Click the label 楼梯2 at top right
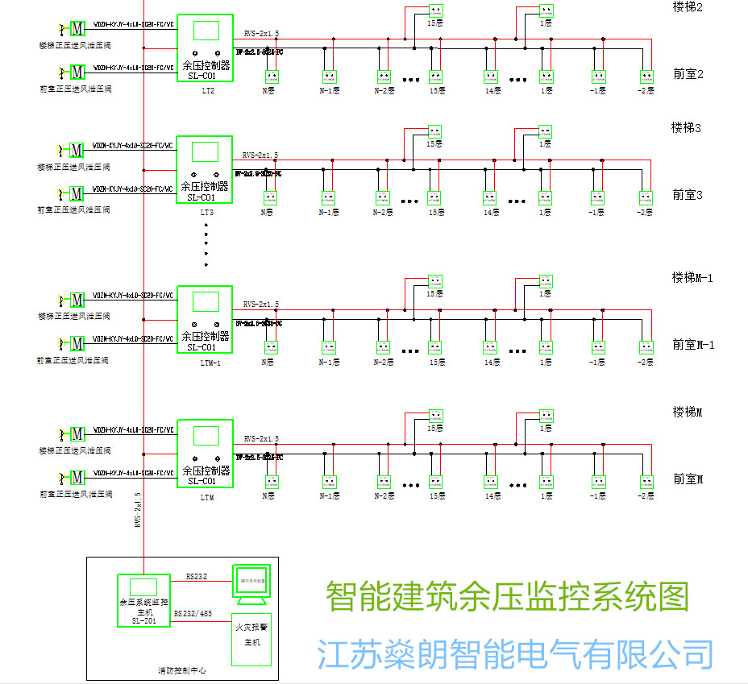click(688, 7)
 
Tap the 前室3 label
click(688, 194)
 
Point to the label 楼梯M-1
click(692, 277)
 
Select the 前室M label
click(688, 479)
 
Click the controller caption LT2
click(207, 90)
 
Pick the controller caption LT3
click(207, 213)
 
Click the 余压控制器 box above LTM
click(205, 454)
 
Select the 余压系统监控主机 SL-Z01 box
click(144, 601)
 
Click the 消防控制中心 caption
click(181, 670)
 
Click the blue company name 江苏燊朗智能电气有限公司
click(515, 653)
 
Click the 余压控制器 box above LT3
click(205, 170)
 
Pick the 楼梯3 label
click(688, 127)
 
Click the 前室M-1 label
click(693, 345)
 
